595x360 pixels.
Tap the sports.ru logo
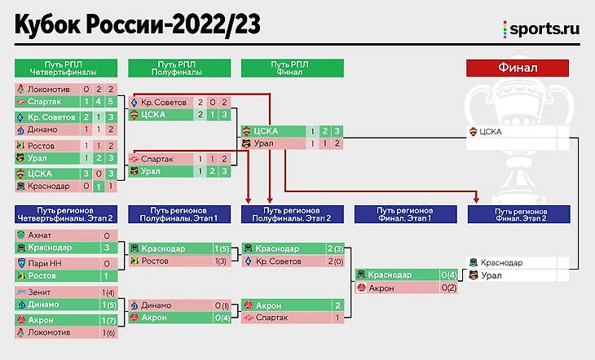(x=541, y=28)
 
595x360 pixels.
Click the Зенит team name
(x=40, y=292)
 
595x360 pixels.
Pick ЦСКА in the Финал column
(x=491, y=130)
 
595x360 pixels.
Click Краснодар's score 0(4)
(x=447, y=275)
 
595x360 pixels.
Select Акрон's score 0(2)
(x=447, y=288)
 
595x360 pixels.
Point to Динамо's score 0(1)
(x=221, y=305)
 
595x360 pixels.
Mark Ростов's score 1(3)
(x=221, y=261)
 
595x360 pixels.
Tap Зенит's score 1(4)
(x=108, y=292)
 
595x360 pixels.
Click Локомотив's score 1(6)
(x=108, y=332)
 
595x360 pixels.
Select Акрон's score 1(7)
(x=108, y=319)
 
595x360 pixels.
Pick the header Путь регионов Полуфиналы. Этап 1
(x=178, y=214)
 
